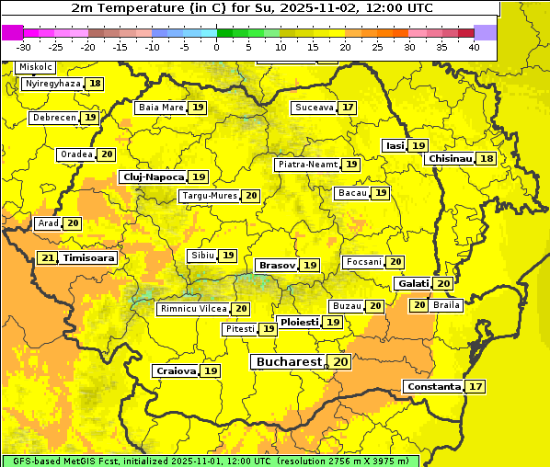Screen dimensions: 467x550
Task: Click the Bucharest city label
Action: pyautogui.click(x=288, y=362)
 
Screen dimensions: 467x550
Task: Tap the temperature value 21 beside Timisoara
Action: pyautogui.click(x=48, y=258)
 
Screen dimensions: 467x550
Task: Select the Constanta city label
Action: pyautogui.click(x=432, y=387)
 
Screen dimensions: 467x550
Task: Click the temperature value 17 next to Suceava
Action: pyautogui.click(x=348, y=108)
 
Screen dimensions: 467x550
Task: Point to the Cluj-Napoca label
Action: pyautogui.click(x=152, y=177)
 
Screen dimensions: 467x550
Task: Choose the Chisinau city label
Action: pyautogui.click(x=450, y=158)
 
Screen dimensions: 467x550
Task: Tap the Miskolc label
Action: pyautogui.click(x=36, y=67)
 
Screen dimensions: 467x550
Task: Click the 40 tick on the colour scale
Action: pyautogui.click(x=474, y=46)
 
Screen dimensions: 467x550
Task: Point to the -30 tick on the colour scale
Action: pyautogui.click(x=24, y=46)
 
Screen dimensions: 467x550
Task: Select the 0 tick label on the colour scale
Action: pyautogui.click(x=217, y=46)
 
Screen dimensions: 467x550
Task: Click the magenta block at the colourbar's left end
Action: pyautogui.click(x=12, y=32)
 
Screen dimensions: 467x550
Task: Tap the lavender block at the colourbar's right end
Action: pyautogui.click(x=486, y=32)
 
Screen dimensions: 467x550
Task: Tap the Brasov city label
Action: pyautogui.click(x=277, y=265)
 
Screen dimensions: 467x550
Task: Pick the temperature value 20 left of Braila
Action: pyautogui.click(x=418, y=305)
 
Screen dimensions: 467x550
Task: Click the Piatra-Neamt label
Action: pyautogui.click(x=307, y=165)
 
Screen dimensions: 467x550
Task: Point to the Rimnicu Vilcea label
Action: pyautogui.click(x=191, y=309)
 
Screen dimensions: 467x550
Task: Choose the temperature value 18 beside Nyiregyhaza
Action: pyautogui.click(x=96, y=84)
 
